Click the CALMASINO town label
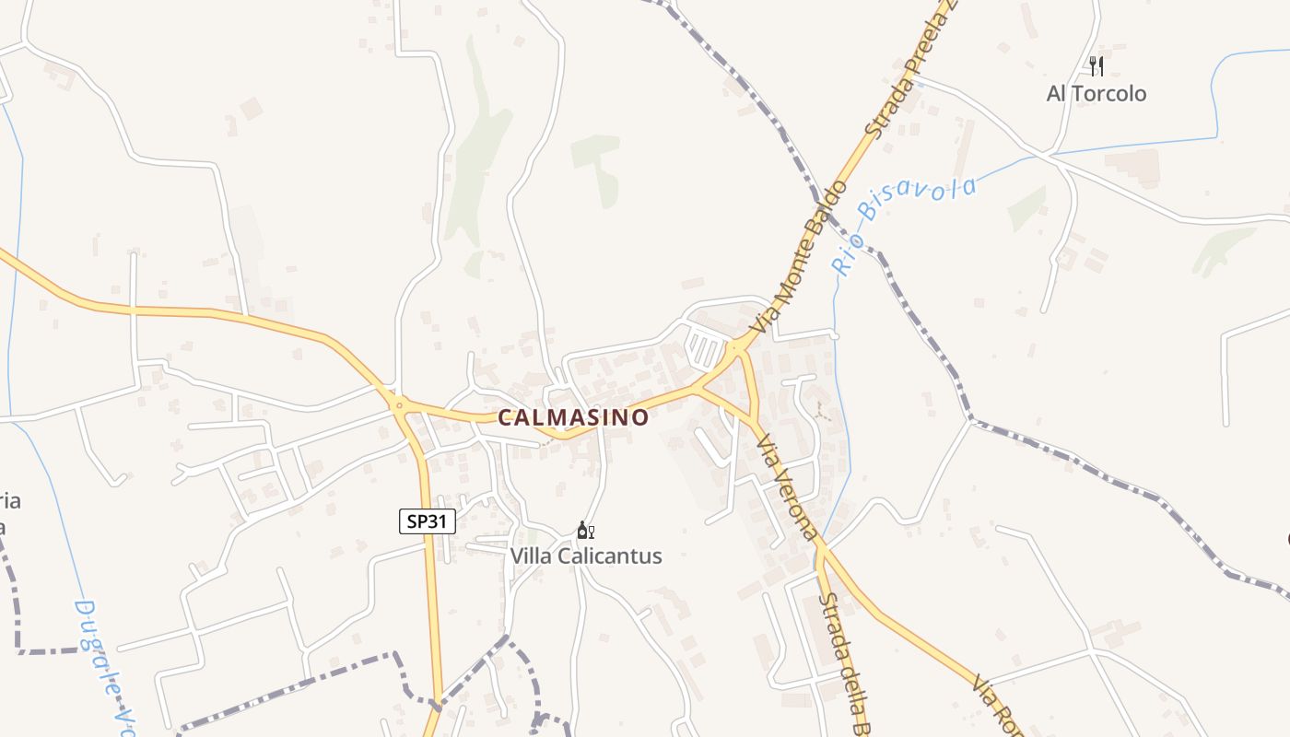pos(573,417)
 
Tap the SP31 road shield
pos(428,521)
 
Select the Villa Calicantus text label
pos(586,556)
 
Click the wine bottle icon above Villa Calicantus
pos(585,531)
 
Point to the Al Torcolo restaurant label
pos(1096,93)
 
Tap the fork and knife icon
pos(1096,65)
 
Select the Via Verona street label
pos(787,488)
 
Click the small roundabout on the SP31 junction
pos(399,404)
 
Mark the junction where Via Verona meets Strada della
pos(820,549)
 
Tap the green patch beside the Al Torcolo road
pos(1026,208)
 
